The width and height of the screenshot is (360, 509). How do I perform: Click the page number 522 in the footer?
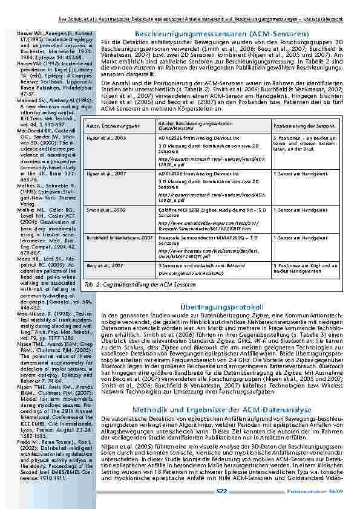click(x=221, y=491)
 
